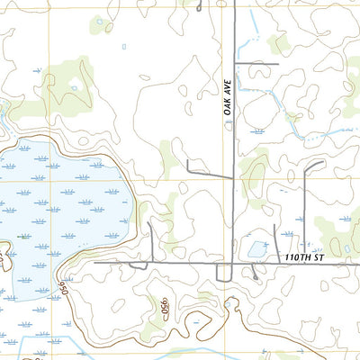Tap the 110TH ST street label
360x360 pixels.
(x=302, y=258)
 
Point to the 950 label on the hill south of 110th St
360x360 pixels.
(x=166, y=309)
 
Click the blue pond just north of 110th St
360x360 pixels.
(x=258, y=249)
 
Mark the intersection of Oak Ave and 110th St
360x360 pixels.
(x=232, y=264)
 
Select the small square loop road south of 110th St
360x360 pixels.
(x=224, y=273)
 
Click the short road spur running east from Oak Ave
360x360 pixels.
(x=256, y=65)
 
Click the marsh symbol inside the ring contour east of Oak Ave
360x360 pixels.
(x=259, y=131)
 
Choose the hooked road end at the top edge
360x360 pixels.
(x=198, y=4)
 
